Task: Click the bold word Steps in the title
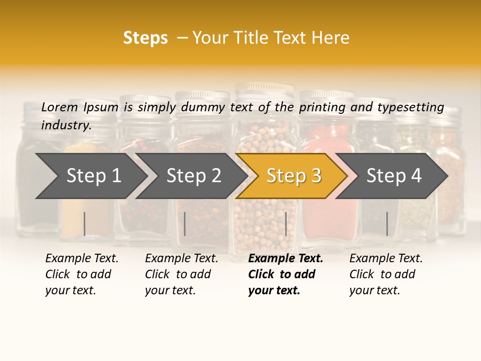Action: click(x=145, y=38)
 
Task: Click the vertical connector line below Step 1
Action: click(x=85, y=224)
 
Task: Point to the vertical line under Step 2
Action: click(x=185, y=224)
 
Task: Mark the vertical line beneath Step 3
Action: click(x=286, y=224)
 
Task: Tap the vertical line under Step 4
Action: click(x=387, y=224)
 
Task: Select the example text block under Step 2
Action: click(x=181, y=274)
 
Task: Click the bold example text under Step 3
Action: click(x=285, y=274)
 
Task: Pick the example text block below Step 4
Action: click(x=385, y=274)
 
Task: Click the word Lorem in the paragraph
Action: click(x=59, y=107)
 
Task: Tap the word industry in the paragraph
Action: click(x=66, y=125)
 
